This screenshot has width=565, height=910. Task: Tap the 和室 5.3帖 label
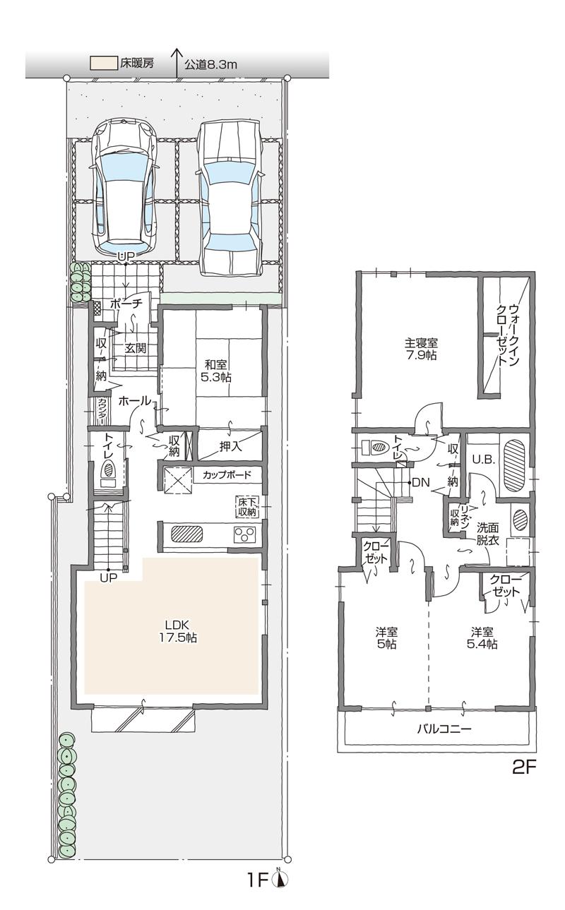tap(216, 371)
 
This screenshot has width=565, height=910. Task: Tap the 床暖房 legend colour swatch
tap(102, 64)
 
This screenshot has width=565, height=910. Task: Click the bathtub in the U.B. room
tap(513, 466)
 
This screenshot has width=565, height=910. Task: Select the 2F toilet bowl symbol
tap(376, 447)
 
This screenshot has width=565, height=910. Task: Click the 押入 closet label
tap(230, 446)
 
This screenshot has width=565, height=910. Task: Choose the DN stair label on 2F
tap(420, 483)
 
